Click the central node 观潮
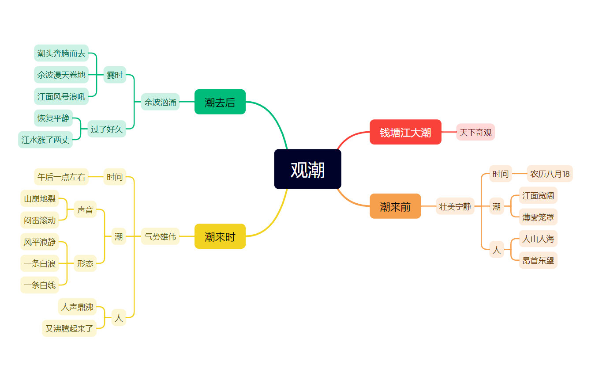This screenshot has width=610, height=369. pyautogui.click(x=307, y=169)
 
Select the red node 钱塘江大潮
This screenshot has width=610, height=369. pyautogui.click(x=405, y=132)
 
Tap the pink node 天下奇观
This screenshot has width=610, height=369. pyautogui.click(x=475, y=132)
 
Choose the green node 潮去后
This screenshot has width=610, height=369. pyautogui.click(x=220, y=102)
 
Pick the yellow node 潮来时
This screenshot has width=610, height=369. pyautogui.click(x=220, y=236)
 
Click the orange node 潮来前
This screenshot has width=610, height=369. pyautogui.click(x=395, y=206)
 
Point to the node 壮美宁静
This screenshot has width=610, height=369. pyautogui.click(x=455, y=206)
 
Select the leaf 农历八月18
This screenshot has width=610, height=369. pyautogui.click(x=550, y=174)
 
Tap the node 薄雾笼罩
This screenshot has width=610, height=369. pyautogui.click(x=538, y=217)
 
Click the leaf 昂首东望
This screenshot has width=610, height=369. pyautogui.click(x=538, y=261)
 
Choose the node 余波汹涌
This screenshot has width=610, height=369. pyautogui.click(x=160, y=102)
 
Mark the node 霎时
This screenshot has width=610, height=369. pyautogui.click(x=115, y=75)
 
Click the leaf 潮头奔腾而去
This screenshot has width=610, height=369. pyautogui.click(x=61, y=53)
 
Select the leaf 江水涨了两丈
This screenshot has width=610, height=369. pyautogui.click(x=45, y=140)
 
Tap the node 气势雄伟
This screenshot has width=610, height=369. pyautogui.click(x=160, y=236)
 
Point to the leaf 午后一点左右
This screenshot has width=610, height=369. pyautogui.click(x=61, y=177)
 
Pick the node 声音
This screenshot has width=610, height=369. pyautogui.click(x=85, y=210)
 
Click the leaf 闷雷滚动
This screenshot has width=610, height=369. pyautogui.click(x=40, y=220)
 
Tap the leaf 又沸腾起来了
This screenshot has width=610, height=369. pyautogui.click(x=69, y=328)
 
